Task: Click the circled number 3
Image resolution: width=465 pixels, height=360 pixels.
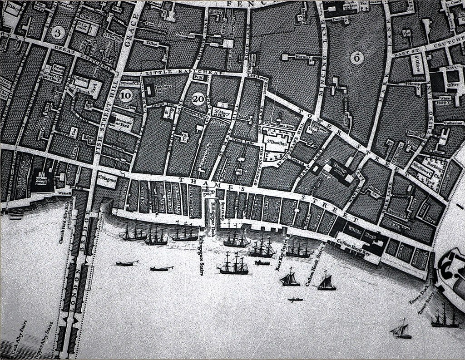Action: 57,32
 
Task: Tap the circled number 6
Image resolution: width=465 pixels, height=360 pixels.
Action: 357,57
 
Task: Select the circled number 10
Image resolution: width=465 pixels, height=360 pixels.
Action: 126,95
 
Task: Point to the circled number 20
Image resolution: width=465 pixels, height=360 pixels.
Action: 198,99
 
